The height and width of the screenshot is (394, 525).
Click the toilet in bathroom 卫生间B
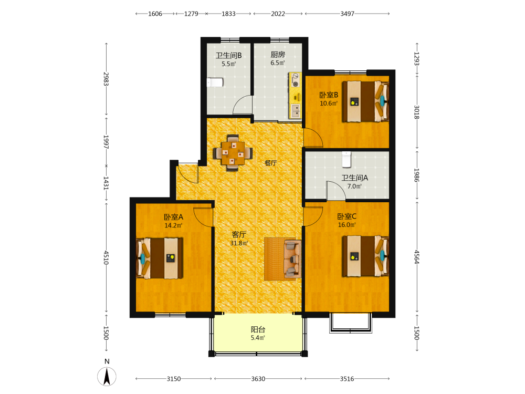coord(215,82)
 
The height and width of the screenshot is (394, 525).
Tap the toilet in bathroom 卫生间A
coord(346,160)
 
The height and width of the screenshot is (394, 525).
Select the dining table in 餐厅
coord(233,153)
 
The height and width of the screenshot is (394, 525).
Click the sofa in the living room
coord(292,259)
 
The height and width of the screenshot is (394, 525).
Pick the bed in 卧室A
coord(160,258)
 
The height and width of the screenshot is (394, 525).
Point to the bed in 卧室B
coord(365,101)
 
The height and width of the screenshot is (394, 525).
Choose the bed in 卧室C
coord(365,256)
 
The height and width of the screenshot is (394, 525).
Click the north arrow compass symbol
coord(107,376)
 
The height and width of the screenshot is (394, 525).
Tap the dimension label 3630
coord(258,379)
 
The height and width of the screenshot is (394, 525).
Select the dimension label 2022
coord(278,14)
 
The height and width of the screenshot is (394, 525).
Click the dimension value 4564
coord(417,257)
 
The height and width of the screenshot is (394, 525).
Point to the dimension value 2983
coord(106,79)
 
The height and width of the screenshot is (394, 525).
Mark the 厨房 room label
coord(278,54)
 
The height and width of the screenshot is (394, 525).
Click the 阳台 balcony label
coord(258,329)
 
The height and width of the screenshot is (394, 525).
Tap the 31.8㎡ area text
coord(239,243)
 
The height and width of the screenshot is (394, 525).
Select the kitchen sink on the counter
coord(295,111)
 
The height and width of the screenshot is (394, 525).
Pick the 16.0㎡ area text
coord(347,225)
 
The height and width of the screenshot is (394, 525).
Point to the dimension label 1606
coord(155,14)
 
